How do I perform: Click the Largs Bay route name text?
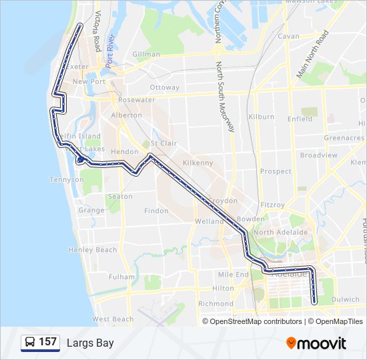(x=90, y=343)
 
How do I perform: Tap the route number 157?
(x=47, y=342)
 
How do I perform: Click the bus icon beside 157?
(x=30, y=343)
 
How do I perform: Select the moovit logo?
(x=316, y=343)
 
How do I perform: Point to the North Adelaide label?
(x=280, y=232)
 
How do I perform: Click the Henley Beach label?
(x=92, y=250)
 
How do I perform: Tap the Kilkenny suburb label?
(x=198, y=163)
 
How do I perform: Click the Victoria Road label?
(x=97, y=31)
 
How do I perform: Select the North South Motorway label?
(x=224, y=97)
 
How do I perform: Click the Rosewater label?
(x=136, y=100)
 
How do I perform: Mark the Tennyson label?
(x=67, y=179)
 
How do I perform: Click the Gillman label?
(x=146, y=54)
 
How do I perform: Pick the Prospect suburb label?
(x=276, y=171)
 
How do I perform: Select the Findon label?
(x=156, y=211)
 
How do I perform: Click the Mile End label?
(x=233, y=274)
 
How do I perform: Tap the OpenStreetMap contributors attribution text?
(x=256, y=321)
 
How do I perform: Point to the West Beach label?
(x=113, y=319)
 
